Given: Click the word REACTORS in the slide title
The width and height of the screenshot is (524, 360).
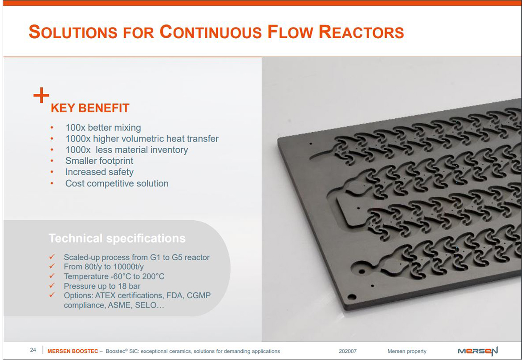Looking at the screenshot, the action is (x=361, y=32).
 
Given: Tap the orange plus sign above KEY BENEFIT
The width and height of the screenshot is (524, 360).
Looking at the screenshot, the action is (x=41, y=95).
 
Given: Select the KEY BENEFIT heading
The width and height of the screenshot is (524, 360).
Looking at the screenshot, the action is (x=90, y=108).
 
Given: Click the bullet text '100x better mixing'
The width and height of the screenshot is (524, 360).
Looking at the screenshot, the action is (x=103, y=128).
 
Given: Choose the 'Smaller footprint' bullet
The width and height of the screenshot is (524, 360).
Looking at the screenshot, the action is (x=99, y=161).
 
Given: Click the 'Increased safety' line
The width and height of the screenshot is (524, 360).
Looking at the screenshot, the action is (x=99, y=172).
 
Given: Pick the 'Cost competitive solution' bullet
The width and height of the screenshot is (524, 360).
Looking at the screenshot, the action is (x=117, y=183).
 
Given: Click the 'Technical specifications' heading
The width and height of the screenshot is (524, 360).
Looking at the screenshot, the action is (x=117, y=239).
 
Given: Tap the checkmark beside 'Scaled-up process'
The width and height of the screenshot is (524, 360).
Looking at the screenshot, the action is (x=52, y=257).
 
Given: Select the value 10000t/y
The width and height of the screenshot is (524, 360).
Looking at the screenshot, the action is (x=128, y=267).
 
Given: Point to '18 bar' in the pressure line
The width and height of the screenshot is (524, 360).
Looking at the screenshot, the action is (x=129, y=286).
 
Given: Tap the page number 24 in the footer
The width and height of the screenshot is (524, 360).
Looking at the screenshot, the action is (x=33, y=350).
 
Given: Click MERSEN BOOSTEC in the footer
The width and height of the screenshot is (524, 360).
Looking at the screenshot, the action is (x=73, y=351).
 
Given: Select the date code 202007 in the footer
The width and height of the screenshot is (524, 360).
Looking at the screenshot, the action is (x=348, y=351).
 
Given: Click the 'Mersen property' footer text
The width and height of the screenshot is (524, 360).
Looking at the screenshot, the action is (x=407, y=351).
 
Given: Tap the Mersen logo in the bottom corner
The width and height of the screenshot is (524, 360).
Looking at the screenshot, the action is (x=478, y=351).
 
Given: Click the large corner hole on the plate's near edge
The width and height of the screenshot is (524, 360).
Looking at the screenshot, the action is (x=352, y=297).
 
